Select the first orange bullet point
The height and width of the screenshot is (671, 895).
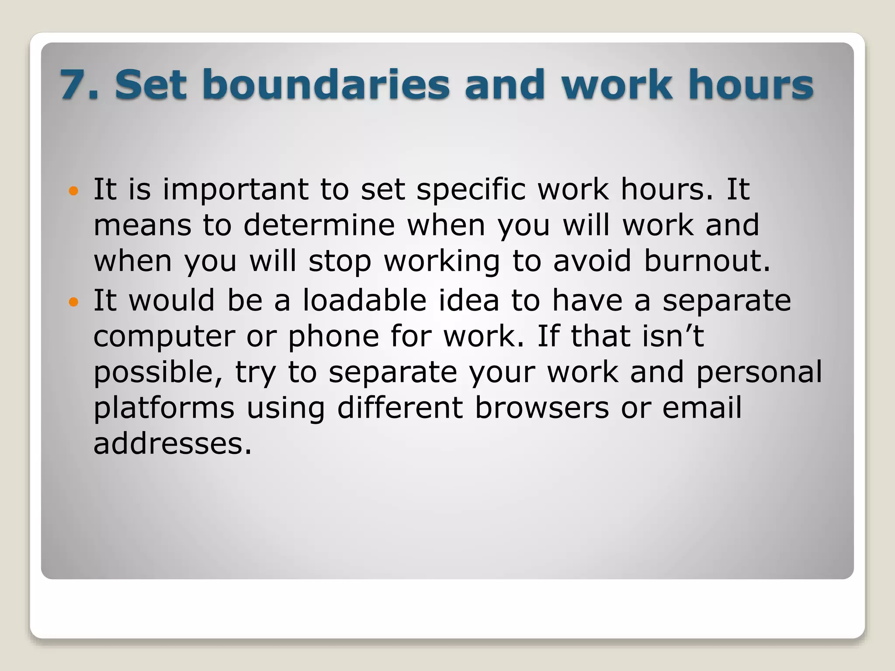click(x=73, y=191)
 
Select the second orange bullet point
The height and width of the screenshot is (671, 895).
click(x=73, y=302)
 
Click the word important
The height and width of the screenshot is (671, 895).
click(x=236, y=190)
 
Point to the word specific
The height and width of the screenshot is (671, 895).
click(x=471, y=190)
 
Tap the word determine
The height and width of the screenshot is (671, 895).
click(x=319, y=226)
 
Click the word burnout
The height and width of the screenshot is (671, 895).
click(x=707, y=261)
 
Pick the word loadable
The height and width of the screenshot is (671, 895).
click(x=364, y=301)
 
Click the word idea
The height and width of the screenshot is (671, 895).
click(x=468, y=301)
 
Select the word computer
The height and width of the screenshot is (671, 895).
click(x=164, y=337)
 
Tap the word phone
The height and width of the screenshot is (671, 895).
click(x=333, y=337)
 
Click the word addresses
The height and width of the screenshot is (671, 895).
click(x=173, y=444)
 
